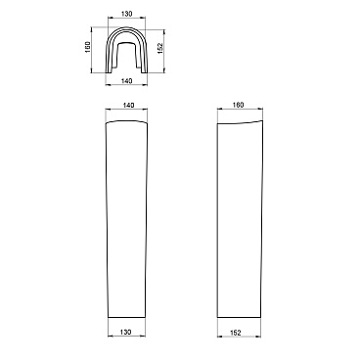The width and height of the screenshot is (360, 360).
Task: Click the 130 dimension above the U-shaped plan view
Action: [126, 14]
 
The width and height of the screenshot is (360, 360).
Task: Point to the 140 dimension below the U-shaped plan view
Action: [126, 80]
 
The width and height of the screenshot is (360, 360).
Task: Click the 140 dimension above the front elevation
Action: [129, 106]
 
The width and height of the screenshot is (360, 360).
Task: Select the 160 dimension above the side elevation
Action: [239, 105]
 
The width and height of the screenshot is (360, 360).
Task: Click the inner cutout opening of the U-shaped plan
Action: [126, 56]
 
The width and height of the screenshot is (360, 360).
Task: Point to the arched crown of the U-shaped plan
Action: [126, 28]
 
